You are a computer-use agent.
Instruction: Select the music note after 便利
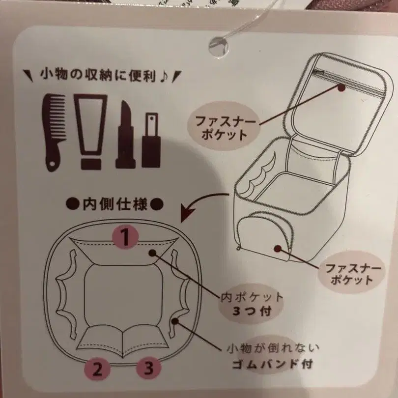167,77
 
